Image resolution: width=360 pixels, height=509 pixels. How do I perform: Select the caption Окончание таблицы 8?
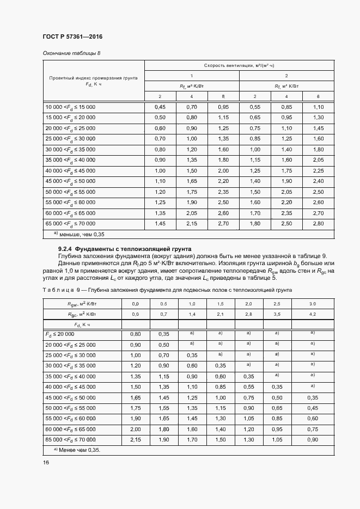(x=71, y=53)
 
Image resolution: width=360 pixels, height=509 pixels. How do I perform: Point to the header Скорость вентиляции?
(x=239, y=65)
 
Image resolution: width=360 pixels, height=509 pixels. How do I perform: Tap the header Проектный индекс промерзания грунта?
(x=93, y=78)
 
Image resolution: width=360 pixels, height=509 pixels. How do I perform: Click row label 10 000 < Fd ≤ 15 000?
(x=70, y=107)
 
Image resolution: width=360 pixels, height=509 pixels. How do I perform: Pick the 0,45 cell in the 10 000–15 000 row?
(x=160, y=107)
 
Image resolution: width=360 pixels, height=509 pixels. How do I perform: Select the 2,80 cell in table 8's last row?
(x=319, y=224)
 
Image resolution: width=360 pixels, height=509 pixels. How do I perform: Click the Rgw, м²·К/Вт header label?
(x=82, y=303)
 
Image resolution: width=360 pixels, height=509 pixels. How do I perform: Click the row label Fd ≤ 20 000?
(x=63, y=334)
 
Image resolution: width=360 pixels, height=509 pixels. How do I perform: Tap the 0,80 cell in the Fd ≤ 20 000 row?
(x=136, y=334)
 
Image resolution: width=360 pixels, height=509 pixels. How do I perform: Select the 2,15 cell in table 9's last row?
(x=136, y=439)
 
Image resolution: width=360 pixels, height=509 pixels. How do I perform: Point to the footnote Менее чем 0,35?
(x=77, y=450)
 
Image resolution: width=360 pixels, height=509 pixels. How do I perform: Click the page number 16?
(x=46, y=462)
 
